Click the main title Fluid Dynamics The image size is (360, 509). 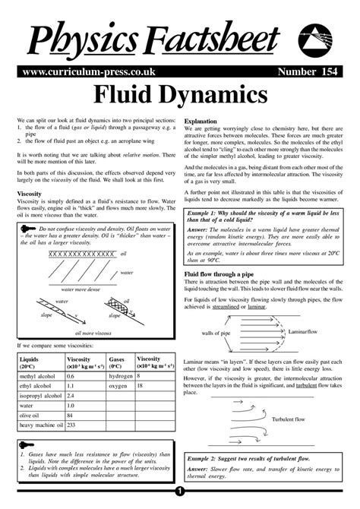pos(180,95)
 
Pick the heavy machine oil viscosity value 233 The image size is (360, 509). pos(74,425)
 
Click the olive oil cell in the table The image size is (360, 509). pos(30,416)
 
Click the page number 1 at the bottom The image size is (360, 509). pos(180,500)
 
